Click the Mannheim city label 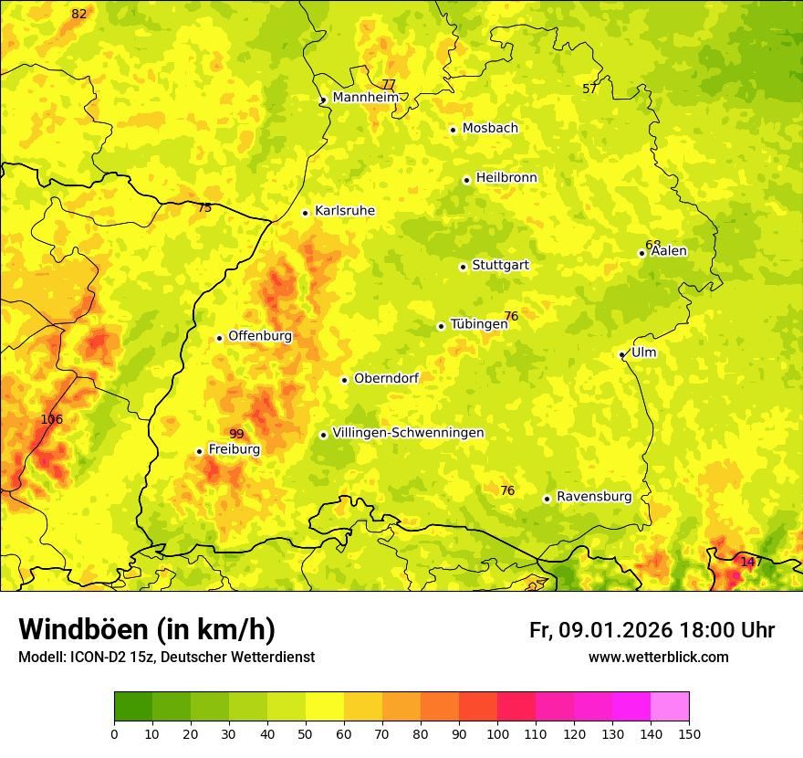[365, 98]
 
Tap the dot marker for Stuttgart [463, 267]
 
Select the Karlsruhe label [344, 211]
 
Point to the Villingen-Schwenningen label [408, 433]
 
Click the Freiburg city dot [199, 451]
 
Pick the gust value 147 [750, 562]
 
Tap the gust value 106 [52, 419]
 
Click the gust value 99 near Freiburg [236, 434]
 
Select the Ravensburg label [593, 497]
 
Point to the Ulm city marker [621, 355]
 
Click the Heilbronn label [506, 178]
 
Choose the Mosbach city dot [453, 130]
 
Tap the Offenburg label [260, 336]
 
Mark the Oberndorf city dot [344, 380]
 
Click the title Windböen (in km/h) [147, 629]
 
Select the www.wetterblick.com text [658, 658]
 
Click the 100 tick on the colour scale [497, 733]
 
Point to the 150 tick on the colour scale [689, 733]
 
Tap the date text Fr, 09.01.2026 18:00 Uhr [652, 630]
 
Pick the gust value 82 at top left [79, 14]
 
